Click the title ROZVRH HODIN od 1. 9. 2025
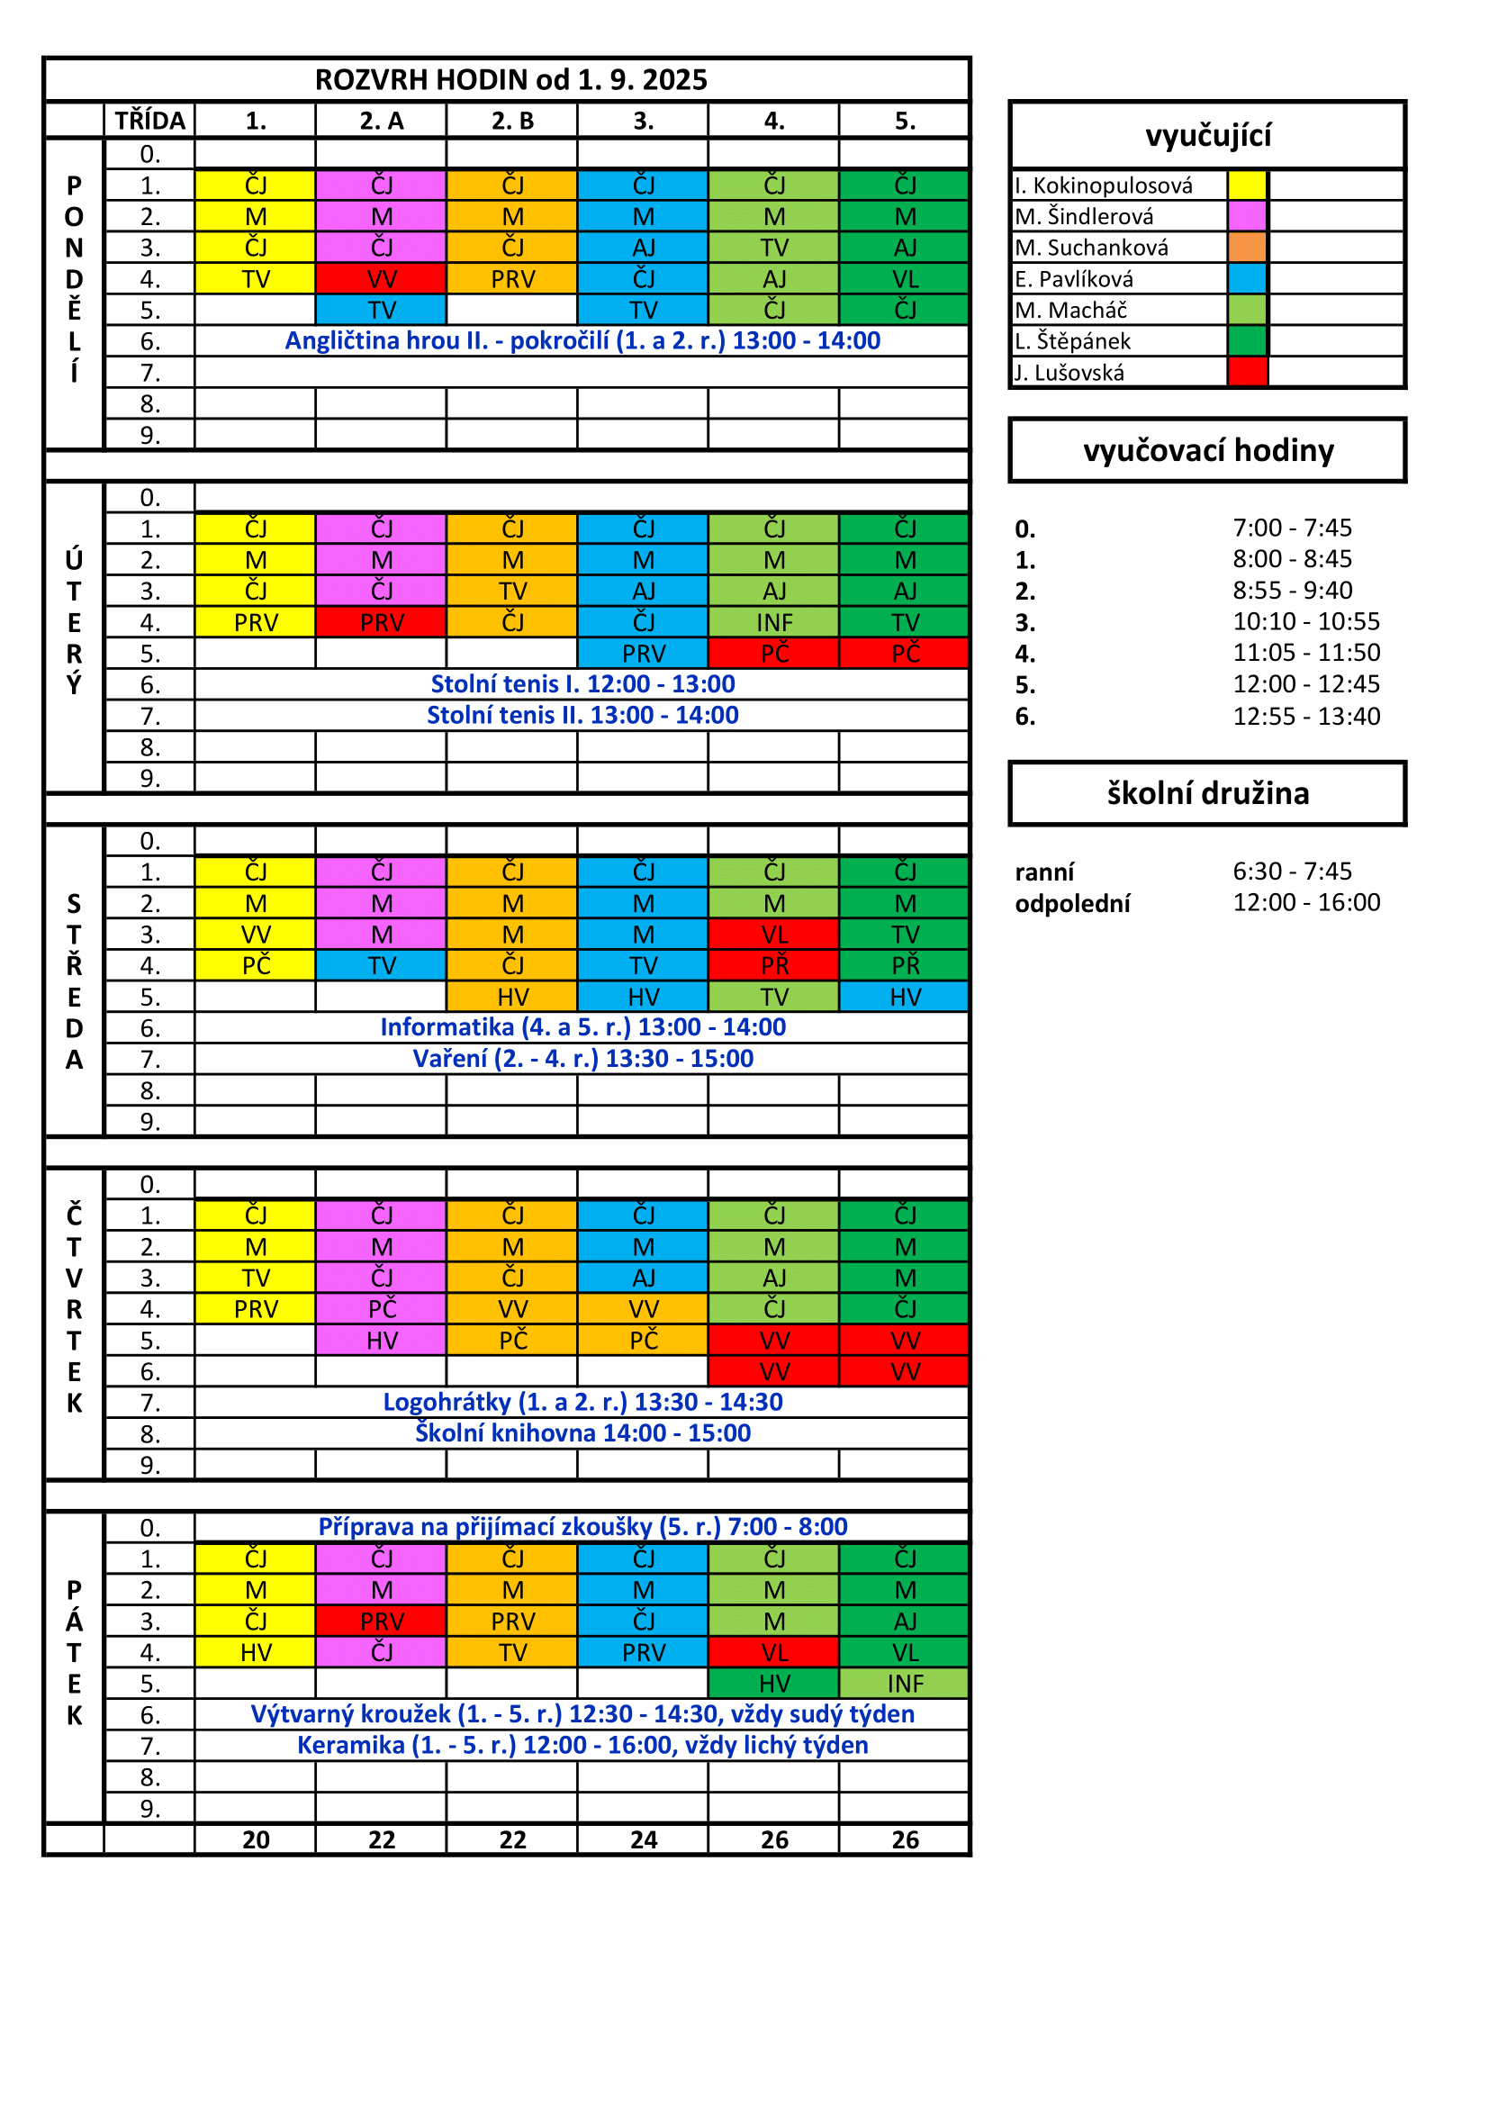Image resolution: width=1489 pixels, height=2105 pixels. tap(510, 80)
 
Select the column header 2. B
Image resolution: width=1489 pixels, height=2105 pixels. tap(512, 121)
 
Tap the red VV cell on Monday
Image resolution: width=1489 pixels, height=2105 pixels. tap(382, 279)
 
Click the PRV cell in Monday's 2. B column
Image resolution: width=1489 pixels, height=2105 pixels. tap(512, 279)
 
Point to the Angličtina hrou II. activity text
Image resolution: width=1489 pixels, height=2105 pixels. tap(582, 341)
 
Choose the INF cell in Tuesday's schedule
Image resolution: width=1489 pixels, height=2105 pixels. tap(774, 622)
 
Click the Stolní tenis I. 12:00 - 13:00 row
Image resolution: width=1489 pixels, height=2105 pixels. tap(582, 684)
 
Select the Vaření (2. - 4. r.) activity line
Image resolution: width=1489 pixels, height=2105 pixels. tap(582, 1059)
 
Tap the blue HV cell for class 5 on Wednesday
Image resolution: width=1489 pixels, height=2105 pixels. tap(905, 997)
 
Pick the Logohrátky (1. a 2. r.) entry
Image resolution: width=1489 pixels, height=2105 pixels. tap(582, 1402)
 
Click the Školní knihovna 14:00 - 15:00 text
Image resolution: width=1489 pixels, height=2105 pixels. tap(582, 1433)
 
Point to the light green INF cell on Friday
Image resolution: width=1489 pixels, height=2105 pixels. tap(905, 1684)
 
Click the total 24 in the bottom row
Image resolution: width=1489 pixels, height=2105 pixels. tap(644, 1840)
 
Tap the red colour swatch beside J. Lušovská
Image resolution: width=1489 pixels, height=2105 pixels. tap(1247, 372)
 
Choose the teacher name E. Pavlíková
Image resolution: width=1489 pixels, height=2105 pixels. tap(1074, 279)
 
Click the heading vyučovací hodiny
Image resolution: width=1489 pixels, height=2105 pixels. tap(1207, 451)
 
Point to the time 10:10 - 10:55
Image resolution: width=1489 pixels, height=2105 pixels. tap(1305, 621)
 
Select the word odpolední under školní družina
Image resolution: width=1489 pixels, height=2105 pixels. tap(1072, 904)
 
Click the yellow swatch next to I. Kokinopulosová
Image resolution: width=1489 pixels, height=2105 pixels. tap(1247, 185)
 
